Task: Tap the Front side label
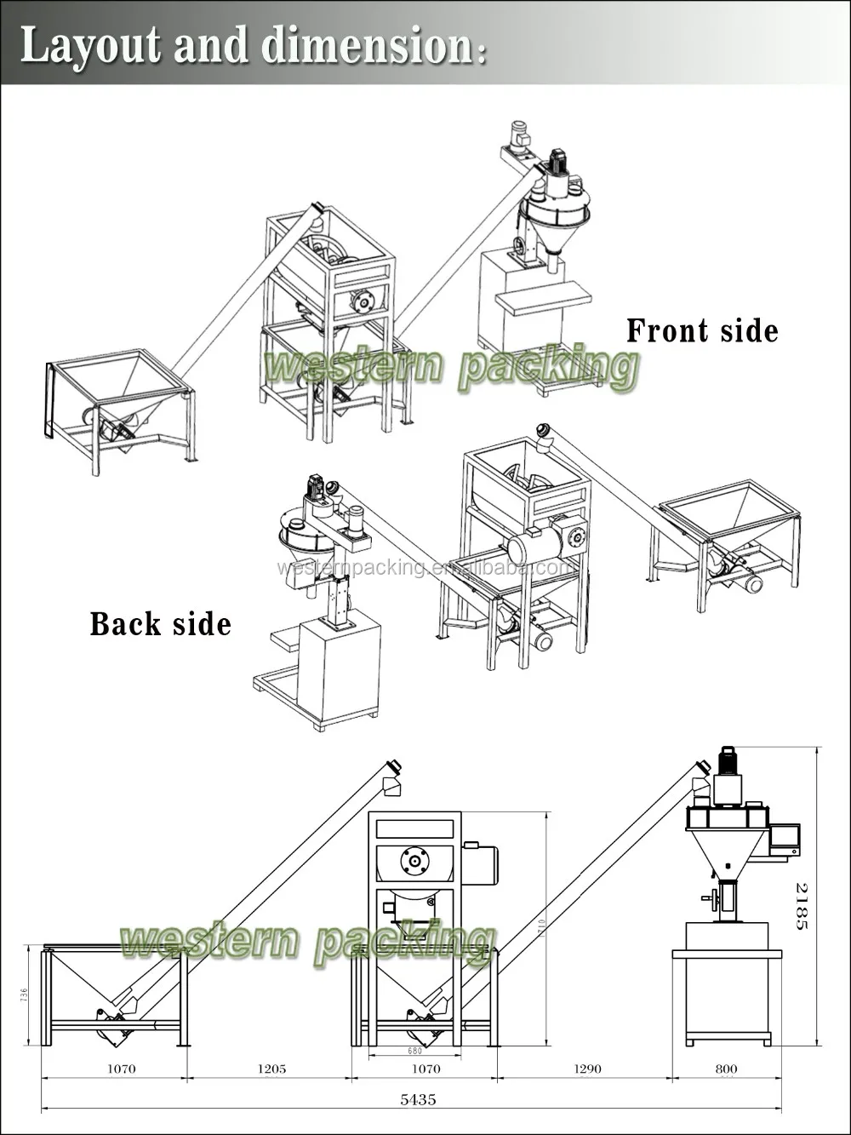702,330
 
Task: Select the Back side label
160,624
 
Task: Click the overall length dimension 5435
418,1099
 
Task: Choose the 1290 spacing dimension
587,1069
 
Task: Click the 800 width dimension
726,1069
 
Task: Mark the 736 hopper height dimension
24,995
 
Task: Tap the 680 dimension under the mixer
415,1051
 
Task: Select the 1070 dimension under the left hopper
122,1069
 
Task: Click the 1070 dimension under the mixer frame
425,1069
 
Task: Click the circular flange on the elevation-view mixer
414,861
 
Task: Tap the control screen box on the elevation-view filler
785,838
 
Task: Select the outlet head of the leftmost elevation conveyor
393,777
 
